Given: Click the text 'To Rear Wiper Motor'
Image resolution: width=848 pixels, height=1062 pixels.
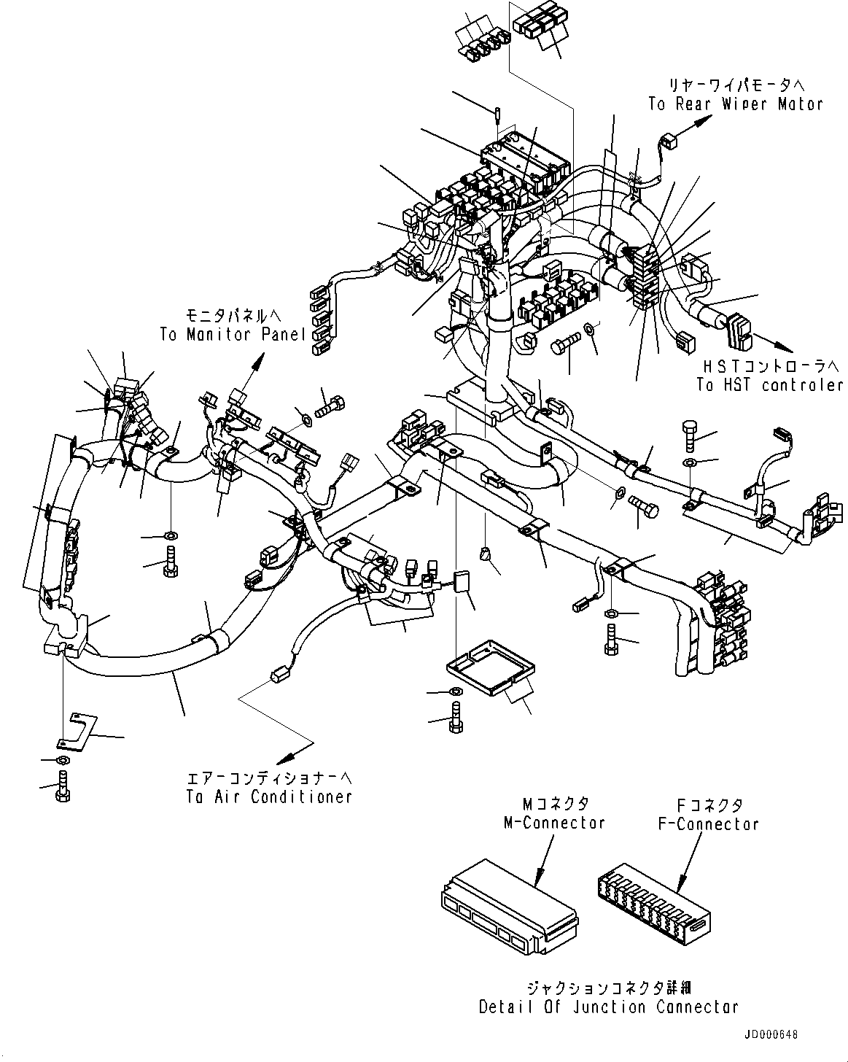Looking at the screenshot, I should [735, 104].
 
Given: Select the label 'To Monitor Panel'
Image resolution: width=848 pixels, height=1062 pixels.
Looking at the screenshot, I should [233, 335].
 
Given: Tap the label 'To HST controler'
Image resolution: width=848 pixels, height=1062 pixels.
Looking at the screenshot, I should [769, 385].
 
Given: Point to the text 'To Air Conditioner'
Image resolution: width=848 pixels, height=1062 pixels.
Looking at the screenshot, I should [268, 797].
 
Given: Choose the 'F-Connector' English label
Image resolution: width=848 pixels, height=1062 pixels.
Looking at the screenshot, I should [707, 824].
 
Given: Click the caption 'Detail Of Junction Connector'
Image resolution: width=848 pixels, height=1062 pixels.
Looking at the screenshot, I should [609, 1007].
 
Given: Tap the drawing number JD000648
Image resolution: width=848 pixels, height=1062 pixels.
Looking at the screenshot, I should [771, 1036].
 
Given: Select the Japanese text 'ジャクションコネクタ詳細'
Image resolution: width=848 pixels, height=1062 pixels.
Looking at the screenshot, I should [609, 988].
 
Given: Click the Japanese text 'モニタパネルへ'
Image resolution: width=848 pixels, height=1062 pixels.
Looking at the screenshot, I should [233, 315].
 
